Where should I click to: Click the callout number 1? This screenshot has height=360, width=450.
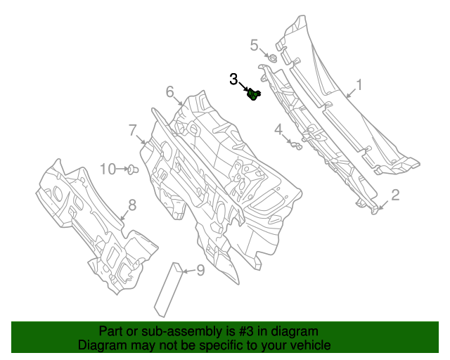(359, 85)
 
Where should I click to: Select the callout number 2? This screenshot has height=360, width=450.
(395, 195)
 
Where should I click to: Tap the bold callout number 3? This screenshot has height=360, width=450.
(234, 80)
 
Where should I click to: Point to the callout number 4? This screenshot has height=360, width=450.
(278, 129)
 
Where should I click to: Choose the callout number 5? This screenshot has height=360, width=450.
(255, 46)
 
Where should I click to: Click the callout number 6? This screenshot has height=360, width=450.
(170, 91)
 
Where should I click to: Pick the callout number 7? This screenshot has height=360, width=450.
(131, 129)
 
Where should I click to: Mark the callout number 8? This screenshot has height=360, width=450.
(131, 205)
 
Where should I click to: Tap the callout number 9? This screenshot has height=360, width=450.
(200, 269)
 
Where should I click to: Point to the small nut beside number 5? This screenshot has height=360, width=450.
(272, 56)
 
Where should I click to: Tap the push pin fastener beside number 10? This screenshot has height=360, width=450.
(131, 169)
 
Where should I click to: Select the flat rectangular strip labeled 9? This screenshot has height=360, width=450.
(168, 288)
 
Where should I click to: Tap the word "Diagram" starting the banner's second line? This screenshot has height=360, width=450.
(102, 346)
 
